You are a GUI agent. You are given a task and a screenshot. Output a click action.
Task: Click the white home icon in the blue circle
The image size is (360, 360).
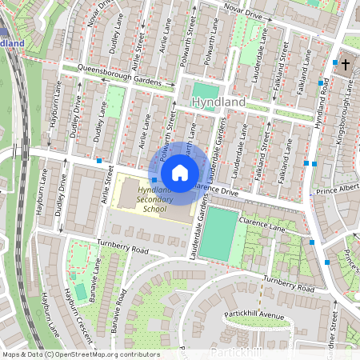180,172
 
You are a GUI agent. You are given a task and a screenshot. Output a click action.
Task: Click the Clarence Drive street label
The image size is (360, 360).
217,192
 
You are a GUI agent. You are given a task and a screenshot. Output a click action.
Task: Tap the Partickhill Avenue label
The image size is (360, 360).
254,315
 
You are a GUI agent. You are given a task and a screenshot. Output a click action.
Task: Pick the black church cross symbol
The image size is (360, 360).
346,63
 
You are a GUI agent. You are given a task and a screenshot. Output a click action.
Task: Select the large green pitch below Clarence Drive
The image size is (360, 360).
218,234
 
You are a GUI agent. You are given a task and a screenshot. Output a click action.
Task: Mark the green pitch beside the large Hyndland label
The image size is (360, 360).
204,90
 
